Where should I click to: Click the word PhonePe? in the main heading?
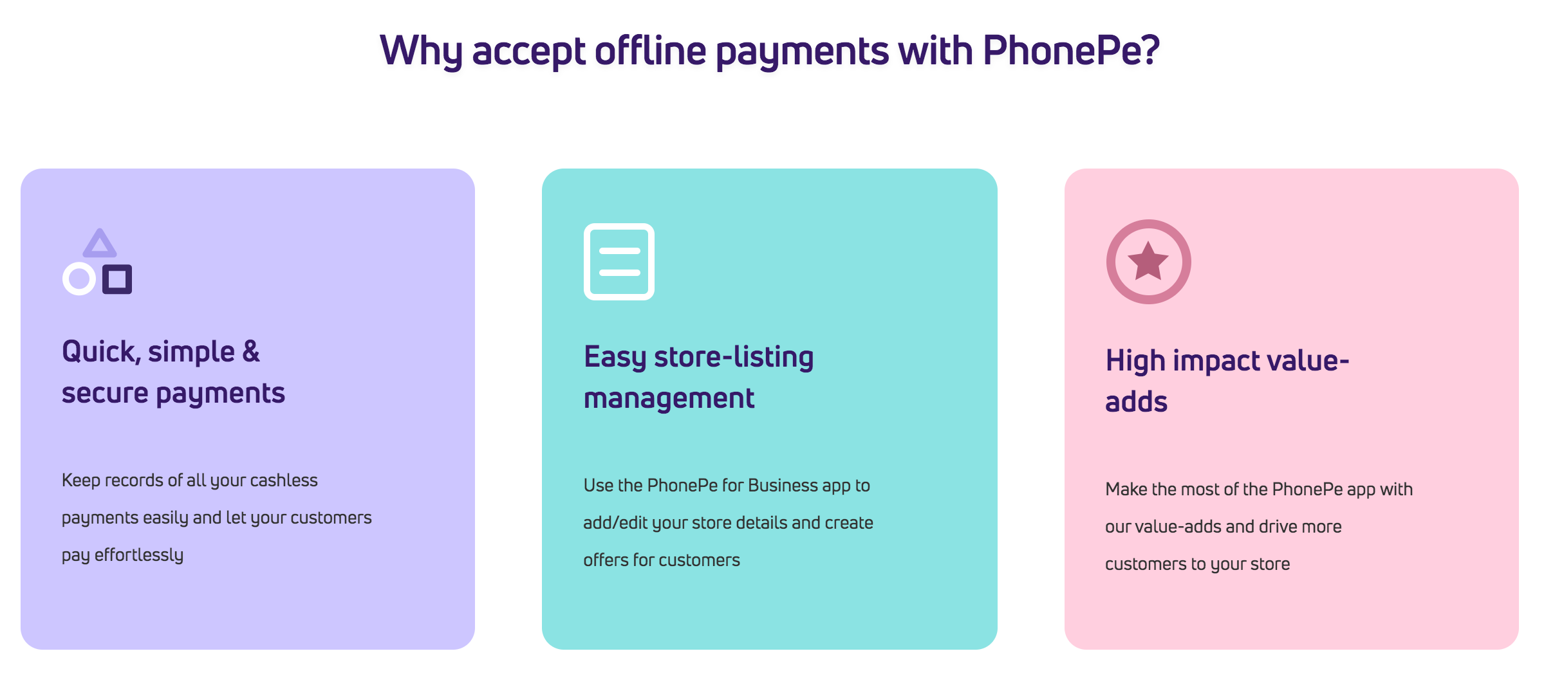[x=1071, y=50]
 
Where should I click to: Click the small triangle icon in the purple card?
[x=100, y=244]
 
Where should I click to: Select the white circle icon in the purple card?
[x=79, y=279]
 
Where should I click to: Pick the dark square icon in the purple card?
[x=117, y=279]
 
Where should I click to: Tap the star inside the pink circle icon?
[x=1148, y=261]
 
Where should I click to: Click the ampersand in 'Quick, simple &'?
[x=251, y=351]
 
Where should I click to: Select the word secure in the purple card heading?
[x=105, y=394]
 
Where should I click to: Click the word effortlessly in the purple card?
[x=139, y=554]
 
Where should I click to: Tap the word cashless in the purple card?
[x=284, y=480]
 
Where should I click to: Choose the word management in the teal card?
[x=669, y=399]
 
